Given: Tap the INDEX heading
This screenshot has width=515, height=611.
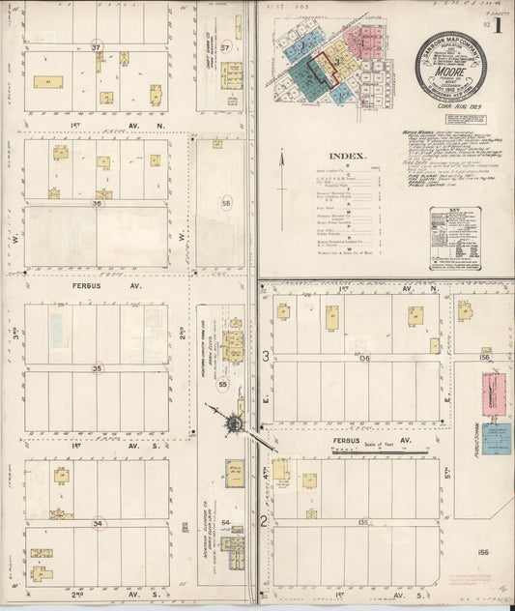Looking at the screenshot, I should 347,156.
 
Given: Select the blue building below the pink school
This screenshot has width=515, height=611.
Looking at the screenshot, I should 497,439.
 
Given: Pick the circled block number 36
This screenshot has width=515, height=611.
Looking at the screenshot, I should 97,203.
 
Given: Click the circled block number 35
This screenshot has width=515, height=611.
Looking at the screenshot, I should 97,367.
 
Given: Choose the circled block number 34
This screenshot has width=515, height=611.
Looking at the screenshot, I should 98,523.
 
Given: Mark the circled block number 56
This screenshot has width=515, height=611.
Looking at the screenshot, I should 226,203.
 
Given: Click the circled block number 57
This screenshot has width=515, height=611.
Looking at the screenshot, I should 225,47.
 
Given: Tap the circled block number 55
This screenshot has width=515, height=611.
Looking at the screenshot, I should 223,384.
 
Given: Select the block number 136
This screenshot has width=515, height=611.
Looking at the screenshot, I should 363,358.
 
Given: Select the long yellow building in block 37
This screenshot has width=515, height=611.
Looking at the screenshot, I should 48,82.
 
